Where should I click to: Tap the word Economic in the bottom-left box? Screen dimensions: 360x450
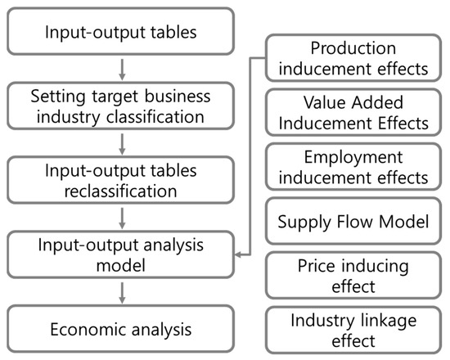pyautogui.click(x=83, y=330)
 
